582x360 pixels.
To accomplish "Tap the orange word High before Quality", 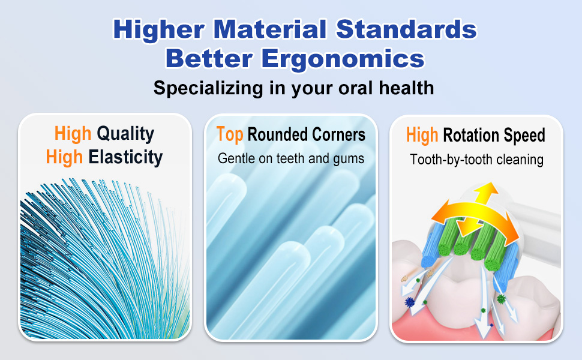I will pos(73,133).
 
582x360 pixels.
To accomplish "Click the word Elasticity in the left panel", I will pos(125,157).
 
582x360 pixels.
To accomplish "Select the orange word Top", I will pos(230,134).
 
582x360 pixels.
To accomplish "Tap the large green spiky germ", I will pos(502,298).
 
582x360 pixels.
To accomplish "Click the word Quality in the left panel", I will pos(125,133).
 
